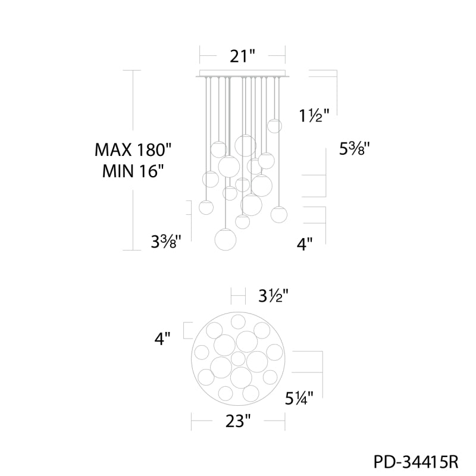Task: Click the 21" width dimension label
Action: click(242, 56)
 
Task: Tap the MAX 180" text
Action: click(133, 150)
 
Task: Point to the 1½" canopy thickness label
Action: click(314, 115)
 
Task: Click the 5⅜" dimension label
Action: click(355, 149)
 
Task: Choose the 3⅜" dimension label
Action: click(167, 242)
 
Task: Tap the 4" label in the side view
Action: click(305, 244)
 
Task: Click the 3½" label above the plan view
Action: click(273, 296)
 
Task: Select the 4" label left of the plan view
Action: click(162, 339)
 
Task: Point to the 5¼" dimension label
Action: click(299, 398)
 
